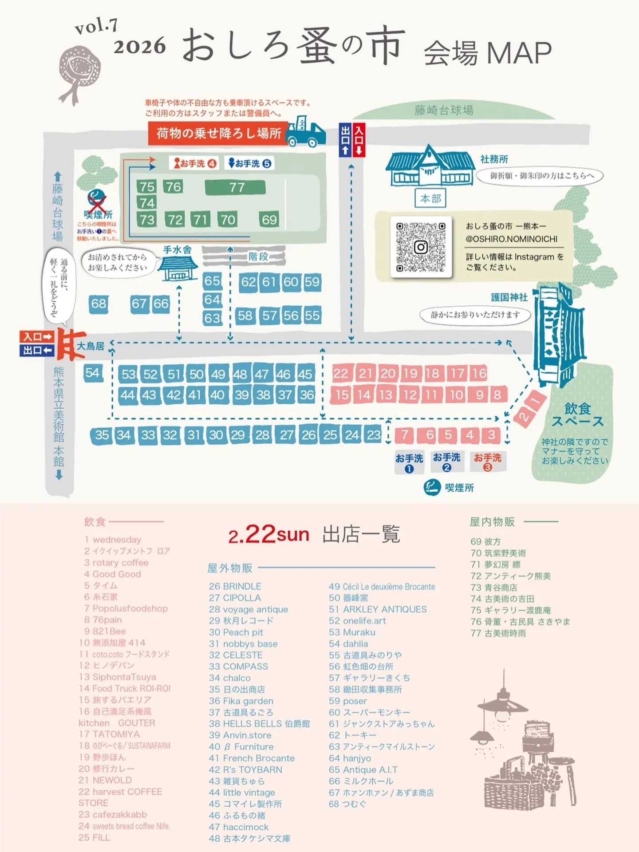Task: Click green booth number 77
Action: pyautogui.click(x=235, y=187)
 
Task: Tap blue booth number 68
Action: pyautogui.click(x=99, y=304)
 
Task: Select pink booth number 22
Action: pyautogui.click(x=341, y=374)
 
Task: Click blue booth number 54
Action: pyautogui.click(x=92, y=373)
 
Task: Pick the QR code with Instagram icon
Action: pyautogui.click(x=420, y=247)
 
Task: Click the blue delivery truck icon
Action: pyautogui.click(x=306, y=132)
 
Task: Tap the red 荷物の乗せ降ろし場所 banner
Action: pyautogui.click(x=218, y=133)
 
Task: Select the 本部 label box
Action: pyautogui.click(x=430, y=198)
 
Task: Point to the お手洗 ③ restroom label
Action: pyautogui.click(x=487, y=461)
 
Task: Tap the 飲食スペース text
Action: pyautogui.click(x=577, y=414)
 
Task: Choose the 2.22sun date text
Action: pyautogui.click(x=269, y=534)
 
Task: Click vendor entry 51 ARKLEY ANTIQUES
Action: pyautogui.click(x=378, y=609)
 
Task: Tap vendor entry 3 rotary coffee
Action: pyautogui.click(x=116, y=563)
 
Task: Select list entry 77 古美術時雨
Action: pyautogui.click(x=498, y=633)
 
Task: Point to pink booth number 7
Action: pyautogui.click(x=404, y=435)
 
